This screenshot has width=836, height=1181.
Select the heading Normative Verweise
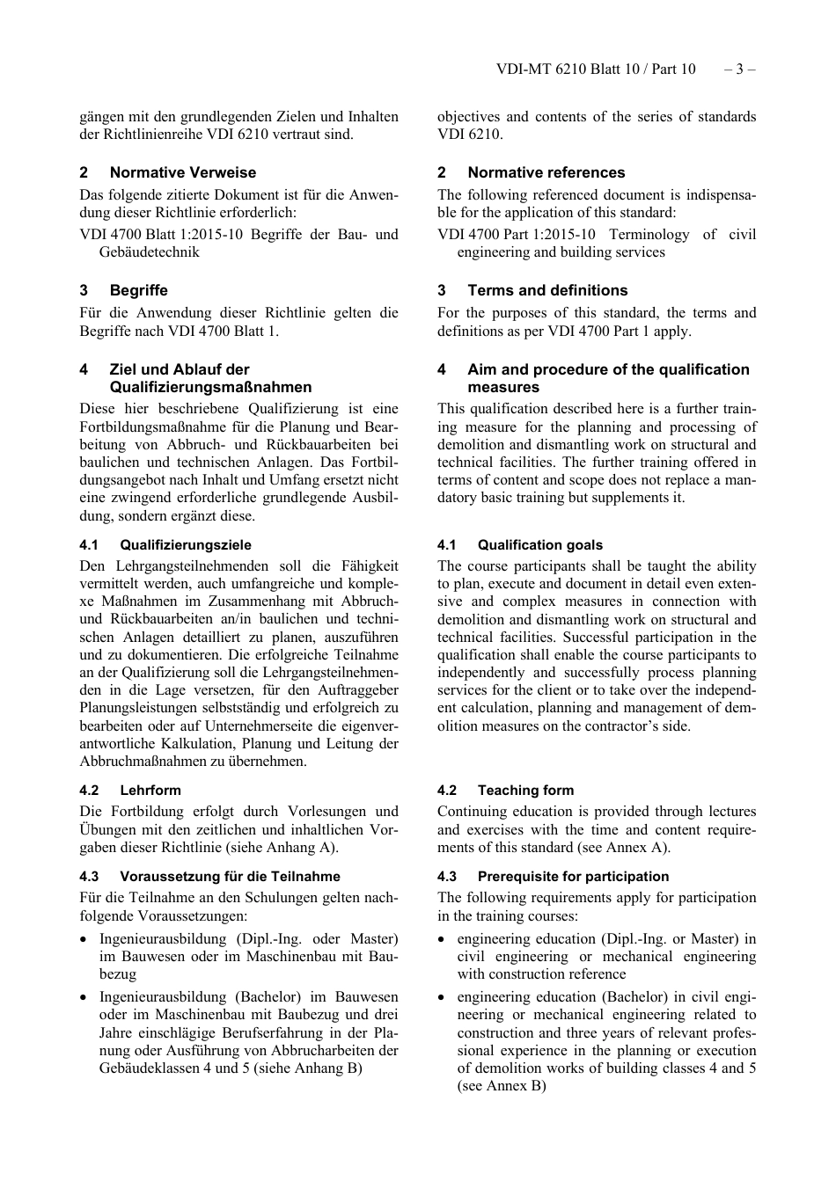click(x=182, y=173)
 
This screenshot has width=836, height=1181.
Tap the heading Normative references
click(x=546, y=173)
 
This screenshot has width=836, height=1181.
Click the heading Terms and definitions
click(x=547, y=291)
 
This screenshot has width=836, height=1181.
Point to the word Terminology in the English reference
click(x=649, y=235)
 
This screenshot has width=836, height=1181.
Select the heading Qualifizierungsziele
click(x=185, y=545)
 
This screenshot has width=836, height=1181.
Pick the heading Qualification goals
click(x=539, y=545)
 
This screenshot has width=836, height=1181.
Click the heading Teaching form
click(x=524, y=791)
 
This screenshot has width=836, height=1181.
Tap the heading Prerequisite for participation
click(x=573, y=877)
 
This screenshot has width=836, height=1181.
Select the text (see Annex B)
click(x=501, y=1086)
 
